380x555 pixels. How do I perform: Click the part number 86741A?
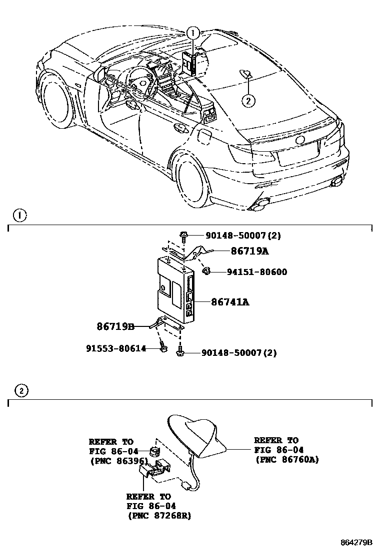tap(230, 302)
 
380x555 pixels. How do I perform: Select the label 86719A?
tap(249, 252)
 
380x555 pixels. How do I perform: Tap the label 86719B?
tap(115, 327)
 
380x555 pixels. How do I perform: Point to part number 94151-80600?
tap(256, 272)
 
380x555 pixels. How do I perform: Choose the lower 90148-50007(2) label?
tap(239, 353)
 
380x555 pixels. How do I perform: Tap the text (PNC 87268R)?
tap(159, 516)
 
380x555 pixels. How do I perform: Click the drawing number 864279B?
tap(356, 542)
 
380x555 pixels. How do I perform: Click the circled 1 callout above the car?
tap(192, 33)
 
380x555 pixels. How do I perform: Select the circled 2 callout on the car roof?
tap(248, 100)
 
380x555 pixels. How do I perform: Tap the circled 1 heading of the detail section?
tap(19, 216)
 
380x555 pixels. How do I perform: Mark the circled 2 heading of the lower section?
tap(21, 390)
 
